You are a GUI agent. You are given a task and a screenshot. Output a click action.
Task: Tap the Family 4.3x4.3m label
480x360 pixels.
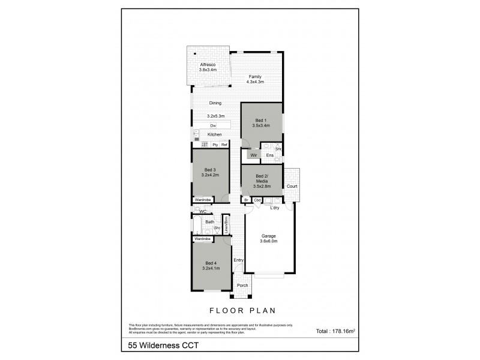pos(256,79)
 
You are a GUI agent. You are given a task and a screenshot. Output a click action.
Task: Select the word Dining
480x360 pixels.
pos(215,103)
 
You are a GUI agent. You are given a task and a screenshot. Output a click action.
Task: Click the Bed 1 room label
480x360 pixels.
pos(260,122)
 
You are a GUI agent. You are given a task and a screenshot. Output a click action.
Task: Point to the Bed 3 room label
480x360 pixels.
pos(210,172)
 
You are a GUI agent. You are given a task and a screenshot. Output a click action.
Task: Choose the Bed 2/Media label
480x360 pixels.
pos(261,179)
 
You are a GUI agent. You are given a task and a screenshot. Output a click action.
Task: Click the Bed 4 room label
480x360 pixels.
pos(211,265)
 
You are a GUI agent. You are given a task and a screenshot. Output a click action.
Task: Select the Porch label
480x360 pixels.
pos(242,286)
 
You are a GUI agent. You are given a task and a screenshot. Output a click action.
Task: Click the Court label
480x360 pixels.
pos(292,187)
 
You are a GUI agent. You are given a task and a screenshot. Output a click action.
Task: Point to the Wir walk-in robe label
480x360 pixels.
pos(254,155)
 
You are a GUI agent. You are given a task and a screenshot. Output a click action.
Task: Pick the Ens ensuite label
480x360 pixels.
pos(270,155)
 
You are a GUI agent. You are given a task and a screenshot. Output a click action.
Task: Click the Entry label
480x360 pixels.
pos(238,260)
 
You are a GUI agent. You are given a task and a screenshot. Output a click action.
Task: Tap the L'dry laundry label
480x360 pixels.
pos(275,208)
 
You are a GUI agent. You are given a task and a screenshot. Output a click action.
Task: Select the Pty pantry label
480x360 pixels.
pos(215,145)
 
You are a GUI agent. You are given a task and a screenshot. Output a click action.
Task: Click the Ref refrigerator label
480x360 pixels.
pos(224,145)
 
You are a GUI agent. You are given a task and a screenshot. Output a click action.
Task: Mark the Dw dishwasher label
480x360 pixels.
pos(213,125)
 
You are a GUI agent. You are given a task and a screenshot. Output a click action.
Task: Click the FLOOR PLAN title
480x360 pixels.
pos(242,311)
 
